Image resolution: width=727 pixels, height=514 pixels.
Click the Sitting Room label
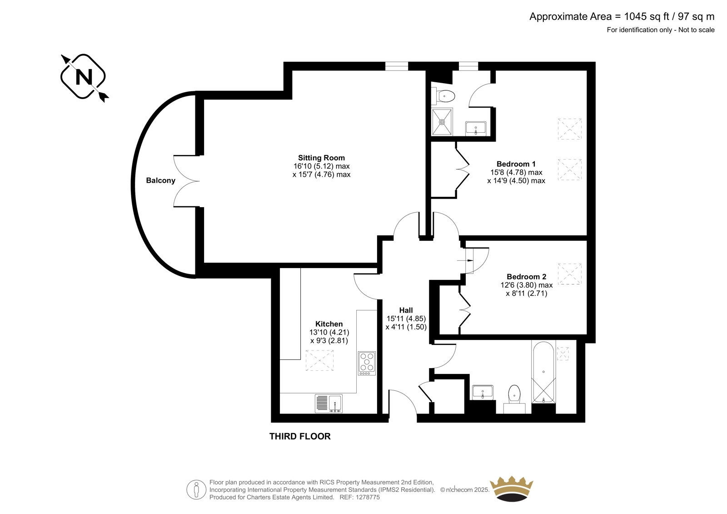coord(321,158)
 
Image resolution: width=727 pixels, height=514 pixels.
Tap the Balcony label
coord(161,180)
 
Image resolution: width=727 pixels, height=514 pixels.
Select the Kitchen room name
coord(329,324)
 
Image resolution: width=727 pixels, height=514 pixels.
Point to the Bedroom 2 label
coord(527,277)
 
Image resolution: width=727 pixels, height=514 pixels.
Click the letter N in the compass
coord(84,77)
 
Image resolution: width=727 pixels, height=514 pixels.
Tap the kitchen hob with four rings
coord(367,363)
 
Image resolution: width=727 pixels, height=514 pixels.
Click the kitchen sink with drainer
coord(329,404)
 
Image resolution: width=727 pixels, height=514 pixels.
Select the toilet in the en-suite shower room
coord(443,96)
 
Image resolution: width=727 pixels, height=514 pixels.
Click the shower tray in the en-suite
coord(442,122)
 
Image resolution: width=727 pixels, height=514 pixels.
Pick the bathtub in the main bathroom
coord(543,372)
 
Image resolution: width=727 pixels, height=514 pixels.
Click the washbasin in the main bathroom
coord(483,392)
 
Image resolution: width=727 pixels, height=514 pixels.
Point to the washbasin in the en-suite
coord(476,129)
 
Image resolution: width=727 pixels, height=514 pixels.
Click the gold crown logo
coord(512,489)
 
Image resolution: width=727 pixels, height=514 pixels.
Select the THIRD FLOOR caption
coord(300,436)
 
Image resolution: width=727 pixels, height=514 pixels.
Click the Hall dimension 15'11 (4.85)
coord(406,319)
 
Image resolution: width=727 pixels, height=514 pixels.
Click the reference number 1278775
coord(367,497)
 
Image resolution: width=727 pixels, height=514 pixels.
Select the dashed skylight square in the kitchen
coord(320,360)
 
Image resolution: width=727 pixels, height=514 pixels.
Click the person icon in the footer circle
coord(196,489)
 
